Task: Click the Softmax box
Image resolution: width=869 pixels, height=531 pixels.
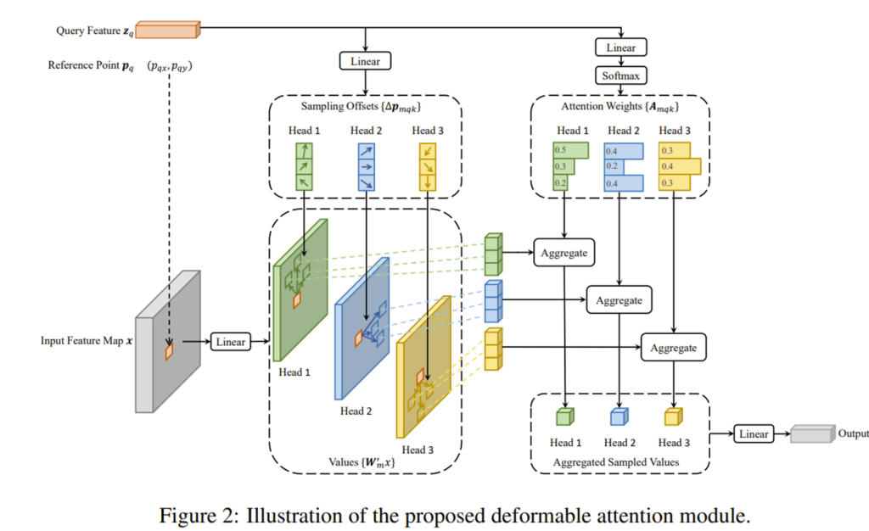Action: pyautogui.click(x=621, y=76)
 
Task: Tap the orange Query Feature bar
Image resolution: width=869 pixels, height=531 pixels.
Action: pyautogui.click(x=166, y=31)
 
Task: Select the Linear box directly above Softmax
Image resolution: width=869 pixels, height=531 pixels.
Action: pyautogui.click(x=621, y=48)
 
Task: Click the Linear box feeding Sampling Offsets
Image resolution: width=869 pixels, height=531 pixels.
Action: pyautogui.click(x=364, y=61)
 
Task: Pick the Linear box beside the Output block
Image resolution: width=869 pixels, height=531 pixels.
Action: pyautogui.click(x=752, y=433)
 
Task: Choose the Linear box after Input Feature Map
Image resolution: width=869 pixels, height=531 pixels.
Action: pyautogui.click(x=230, y=342)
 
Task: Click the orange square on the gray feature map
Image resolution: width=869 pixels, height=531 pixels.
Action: pyautogui.click(x=169, y=350)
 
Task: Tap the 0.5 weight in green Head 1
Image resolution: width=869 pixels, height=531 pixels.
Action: pyautogui.click(x=560, y=150)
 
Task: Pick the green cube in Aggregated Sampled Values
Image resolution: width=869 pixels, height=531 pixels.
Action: pyautogui.click(x=565, y=416)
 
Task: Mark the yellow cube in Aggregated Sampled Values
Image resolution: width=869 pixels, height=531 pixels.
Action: pyautogui.click(x=672, y=416)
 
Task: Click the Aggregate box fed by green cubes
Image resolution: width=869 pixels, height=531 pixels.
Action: pyautogui.click(x=564, y=254)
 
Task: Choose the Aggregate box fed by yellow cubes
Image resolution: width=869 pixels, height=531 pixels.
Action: pyautogui.click(x=673, y=348)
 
